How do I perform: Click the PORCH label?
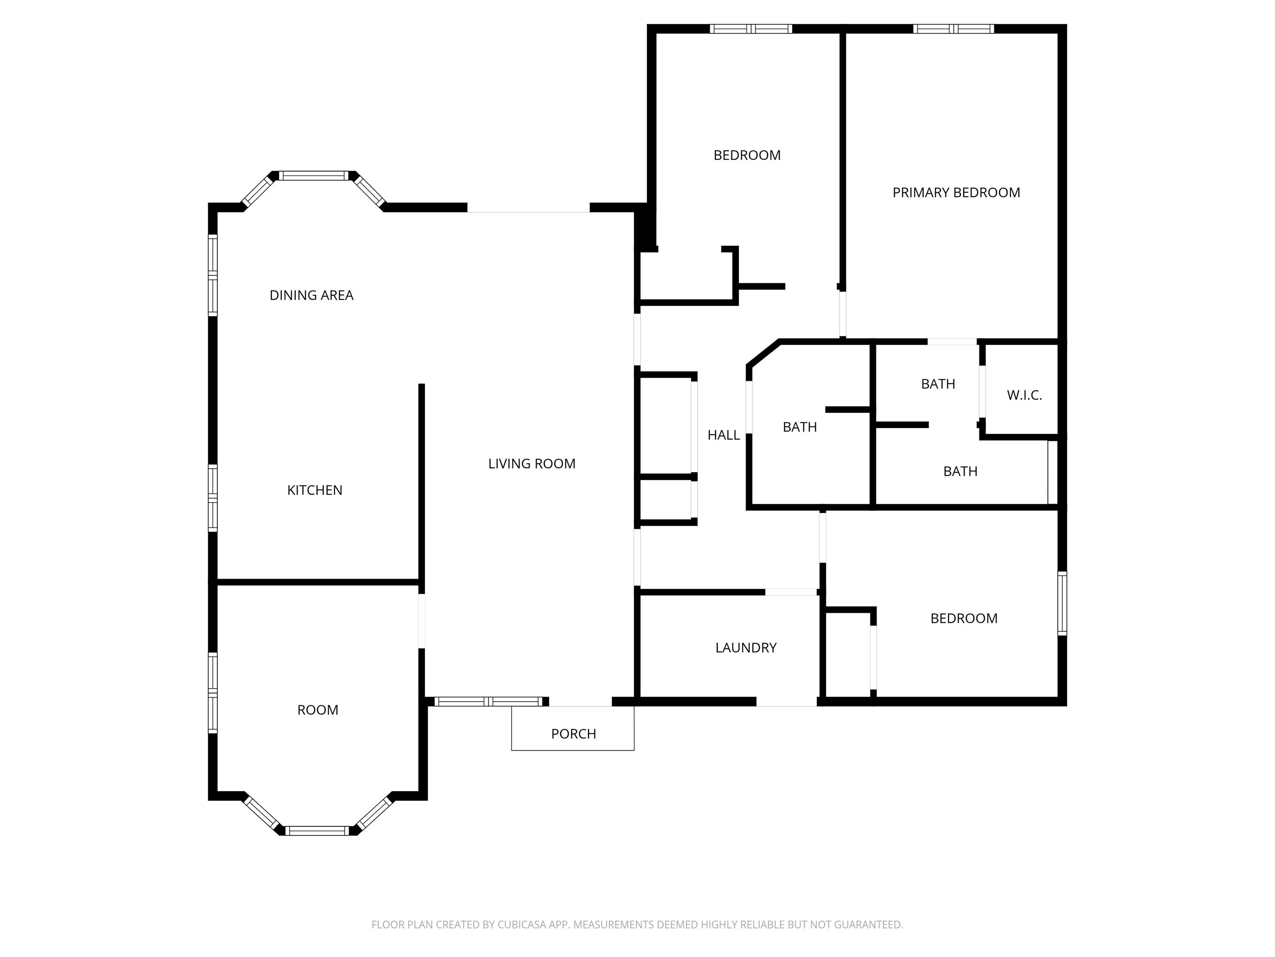574,734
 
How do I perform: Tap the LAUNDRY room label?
746,648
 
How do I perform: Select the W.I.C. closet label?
1024,395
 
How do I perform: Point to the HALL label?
723,435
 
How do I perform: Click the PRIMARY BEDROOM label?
956,193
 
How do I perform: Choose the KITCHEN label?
315,490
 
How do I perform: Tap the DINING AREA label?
311,295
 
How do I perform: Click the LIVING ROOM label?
531,464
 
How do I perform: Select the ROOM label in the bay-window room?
318,710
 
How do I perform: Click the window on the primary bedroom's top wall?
953,29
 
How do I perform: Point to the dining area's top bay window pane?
314,175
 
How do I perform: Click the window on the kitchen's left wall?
212,498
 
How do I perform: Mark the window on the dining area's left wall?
212,275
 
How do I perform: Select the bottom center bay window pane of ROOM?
317,831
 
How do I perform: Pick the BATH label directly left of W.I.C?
938,384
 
